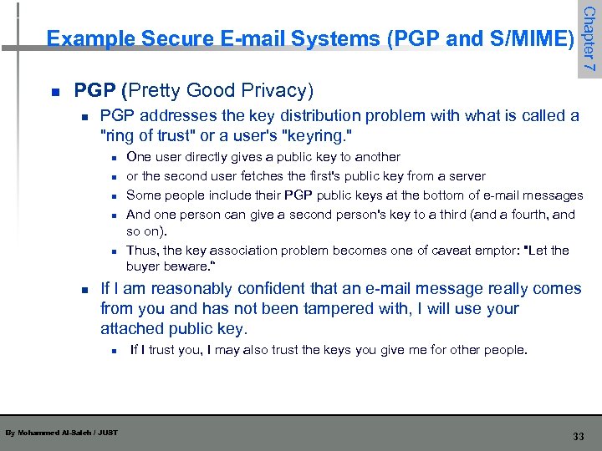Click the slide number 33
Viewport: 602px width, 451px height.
(578, 436)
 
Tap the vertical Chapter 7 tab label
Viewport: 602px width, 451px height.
(589, 38)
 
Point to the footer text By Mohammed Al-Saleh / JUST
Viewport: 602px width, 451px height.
(61, 433)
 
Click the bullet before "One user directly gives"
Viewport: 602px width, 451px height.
(111, 158)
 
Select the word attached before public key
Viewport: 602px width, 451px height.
(132, 328)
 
